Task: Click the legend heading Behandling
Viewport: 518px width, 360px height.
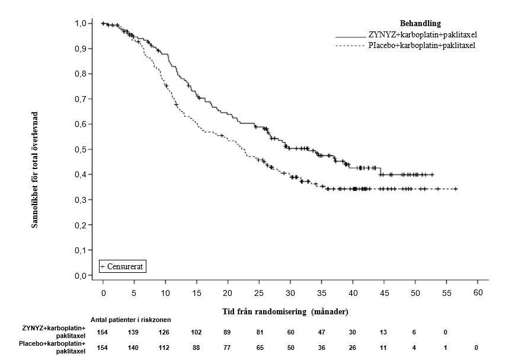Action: [420, 24]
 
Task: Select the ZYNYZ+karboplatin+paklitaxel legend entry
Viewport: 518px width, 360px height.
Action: [423, 35]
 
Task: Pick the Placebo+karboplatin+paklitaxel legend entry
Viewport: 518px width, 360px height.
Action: [423, 45]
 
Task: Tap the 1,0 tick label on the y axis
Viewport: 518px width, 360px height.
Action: [81, 23]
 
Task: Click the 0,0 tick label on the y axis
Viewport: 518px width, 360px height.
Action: [81, 276]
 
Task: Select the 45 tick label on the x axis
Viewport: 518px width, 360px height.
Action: [385, 293]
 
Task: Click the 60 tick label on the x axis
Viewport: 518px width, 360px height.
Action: [478, 293]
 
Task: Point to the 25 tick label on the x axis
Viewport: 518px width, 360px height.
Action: [260, 293]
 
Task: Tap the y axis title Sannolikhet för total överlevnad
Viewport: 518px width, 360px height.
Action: [35, 169]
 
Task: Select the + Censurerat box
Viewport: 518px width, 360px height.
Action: [122, 266]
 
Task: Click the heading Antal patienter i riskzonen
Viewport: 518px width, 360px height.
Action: [130, 320]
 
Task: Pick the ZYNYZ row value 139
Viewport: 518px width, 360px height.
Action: [134, 332]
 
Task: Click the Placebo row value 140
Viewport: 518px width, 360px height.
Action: [134, 348]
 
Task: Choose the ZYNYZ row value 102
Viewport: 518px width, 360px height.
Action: [197, 332]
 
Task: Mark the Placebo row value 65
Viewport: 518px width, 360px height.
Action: [260, 348]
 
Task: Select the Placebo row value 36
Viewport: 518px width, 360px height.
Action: [322, 348]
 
